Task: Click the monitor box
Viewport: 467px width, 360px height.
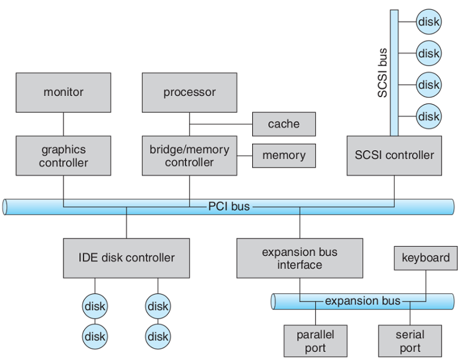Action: (64, 92)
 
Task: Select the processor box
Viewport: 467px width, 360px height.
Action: (189, 92)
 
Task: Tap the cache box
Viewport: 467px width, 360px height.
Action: (283, 124)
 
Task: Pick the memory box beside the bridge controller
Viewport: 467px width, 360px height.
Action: (283, 155)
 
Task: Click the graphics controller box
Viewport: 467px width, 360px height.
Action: (64, 156)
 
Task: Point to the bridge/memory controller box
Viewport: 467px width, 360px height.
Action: (189, 156)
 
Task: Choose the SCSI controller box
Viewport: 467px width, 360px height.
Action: (394, 155)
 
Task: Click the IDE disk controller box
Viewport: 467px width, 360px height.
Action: (126, 257)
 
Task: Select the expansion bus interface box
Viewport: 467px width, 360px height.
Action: (300, 258)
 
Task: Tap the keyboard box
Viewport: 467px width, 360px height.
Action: (425, 258)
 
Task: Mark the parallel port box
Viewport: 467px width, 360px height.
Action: (315, 341)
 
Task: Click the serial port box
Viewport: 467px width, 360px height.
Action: (410, 341)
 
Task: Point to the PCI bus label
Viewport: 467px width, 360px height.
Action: (229, 206)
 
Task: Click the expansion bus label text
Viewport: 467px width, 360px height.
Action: (362, 301)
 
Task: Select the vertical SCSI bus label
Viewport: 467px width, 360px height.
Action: (382, 73)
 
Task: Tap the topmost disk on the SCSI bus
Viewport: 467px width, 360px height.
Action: (428, 22)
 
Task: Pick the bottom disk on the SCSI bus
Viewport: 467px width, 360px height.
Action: (428, 116)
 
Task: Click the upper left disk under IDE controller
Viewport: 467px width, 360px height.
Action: (95, 306)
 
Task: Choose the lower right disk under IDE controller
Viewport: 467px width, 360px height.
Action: (158, 337)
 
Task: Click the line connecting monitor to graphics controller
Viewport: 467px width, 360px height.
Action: (64, 124)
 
